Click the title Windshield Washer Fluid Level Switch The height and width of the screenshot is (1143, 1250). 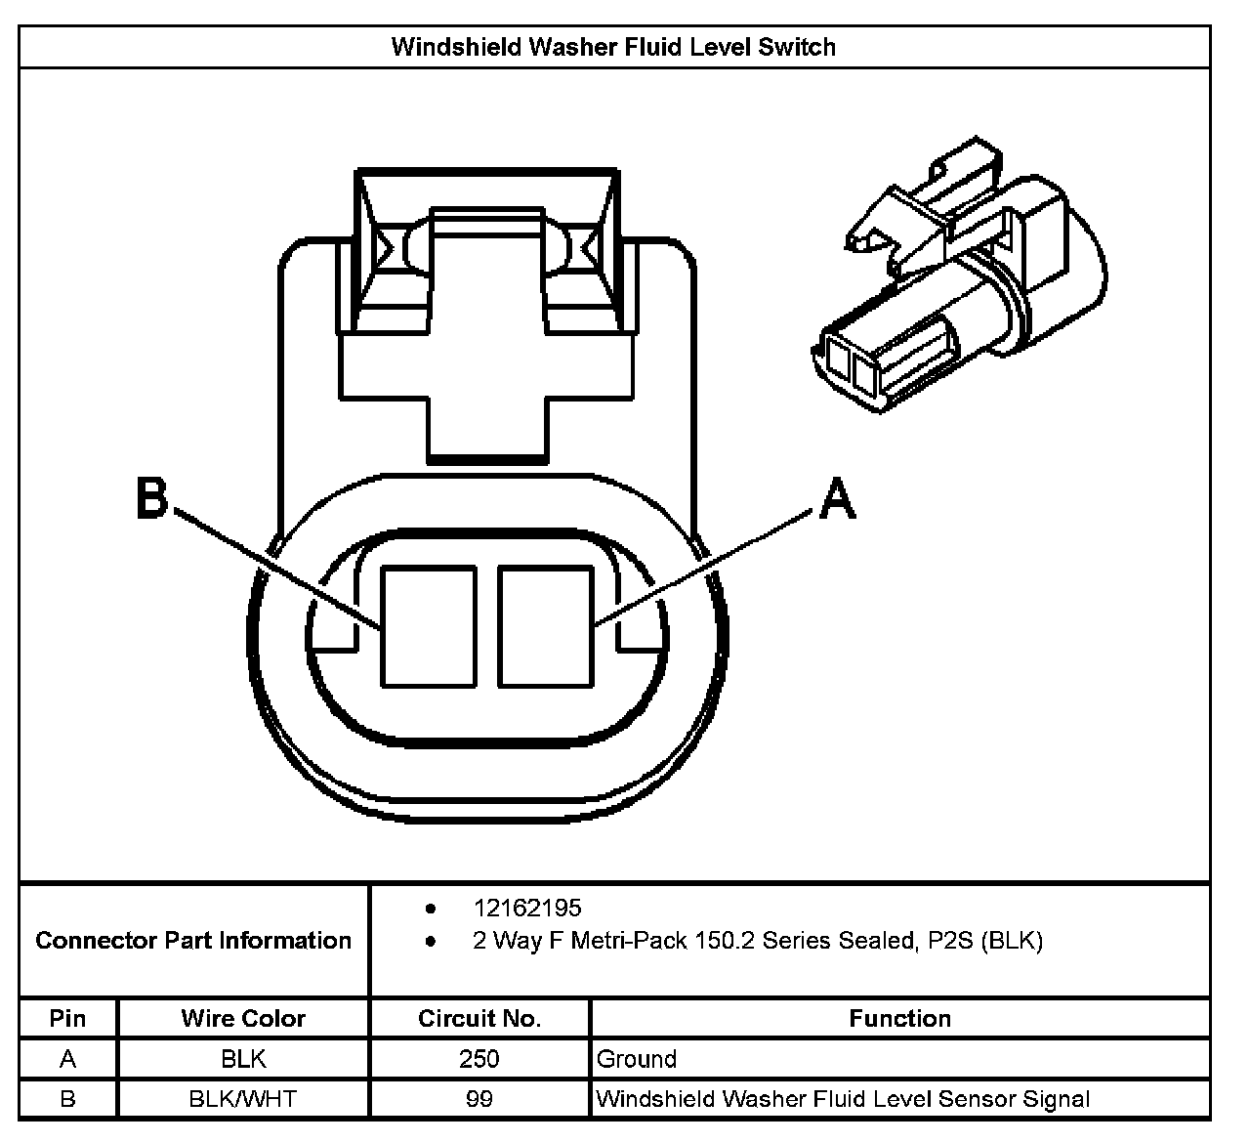[613, 47]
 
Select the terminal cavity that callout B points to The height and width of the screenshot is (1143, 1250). [429, 626]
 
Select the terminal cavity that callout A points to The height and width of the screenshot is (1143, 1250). [545, 626]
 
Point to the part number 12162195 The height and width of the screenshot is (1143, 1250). [527, 909]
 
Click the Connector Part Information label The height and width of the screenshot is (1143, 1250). [193, 941]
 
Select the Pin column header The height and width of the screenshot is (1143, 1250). [67, 1019]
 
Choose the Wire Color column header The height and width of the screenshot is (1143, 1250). [243, 1019]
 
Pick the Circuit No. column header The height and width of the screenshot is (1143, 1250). [479, 1019]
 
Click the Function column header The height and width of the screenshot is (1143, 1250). [899, 1019]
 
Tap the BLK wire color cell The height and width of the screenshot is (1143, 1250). [243, 1059]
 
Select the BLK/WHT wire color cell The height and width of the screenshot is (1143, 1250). [243, 1099]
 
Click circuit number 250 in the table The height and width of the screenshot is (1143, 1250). [479, 1059]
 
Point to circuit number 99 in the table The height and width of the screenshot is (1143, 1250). [479, 1099]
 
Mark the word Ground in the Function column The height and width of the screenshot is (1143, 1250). [636, 1059]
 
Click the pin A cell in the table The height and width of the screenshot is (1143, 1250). [67, 1059]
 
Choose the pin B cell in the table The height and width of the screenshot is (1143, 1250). [67, 1099]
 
